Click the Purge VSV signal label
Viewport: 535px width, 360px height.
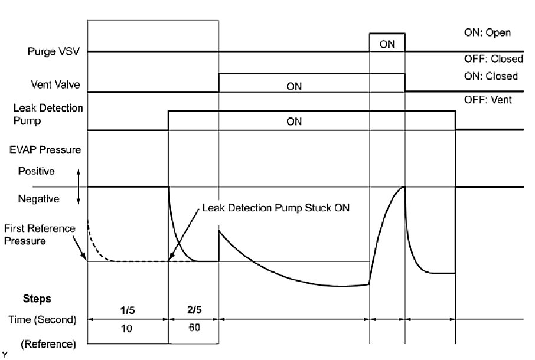(53, 51)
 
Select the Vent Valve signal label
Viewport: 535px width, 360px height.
(56, 84)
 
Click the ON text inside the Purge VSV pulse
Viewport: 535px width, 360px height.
(387, 44)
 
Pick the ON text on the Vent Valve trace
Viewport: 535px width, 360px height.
(294, 86)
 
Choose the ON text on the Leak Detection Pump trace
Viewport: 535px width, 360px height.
(294, 122)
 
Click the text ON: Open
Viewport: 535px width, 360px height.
(487, 32)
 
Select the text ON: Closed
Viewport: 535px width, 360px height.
(491, 76)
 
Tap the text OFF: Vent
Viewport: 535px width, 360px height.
(488, 100)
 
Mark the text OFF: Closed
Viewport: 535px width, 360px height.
(493, 58)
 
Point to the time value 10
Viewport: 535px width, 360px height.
(128, 329)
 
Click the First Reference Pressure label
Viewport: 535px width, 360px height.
(39, 234)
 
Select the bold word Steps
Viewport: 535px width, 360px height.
(37, 299)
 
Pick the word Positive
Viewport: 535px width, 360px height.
(36, 171)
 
